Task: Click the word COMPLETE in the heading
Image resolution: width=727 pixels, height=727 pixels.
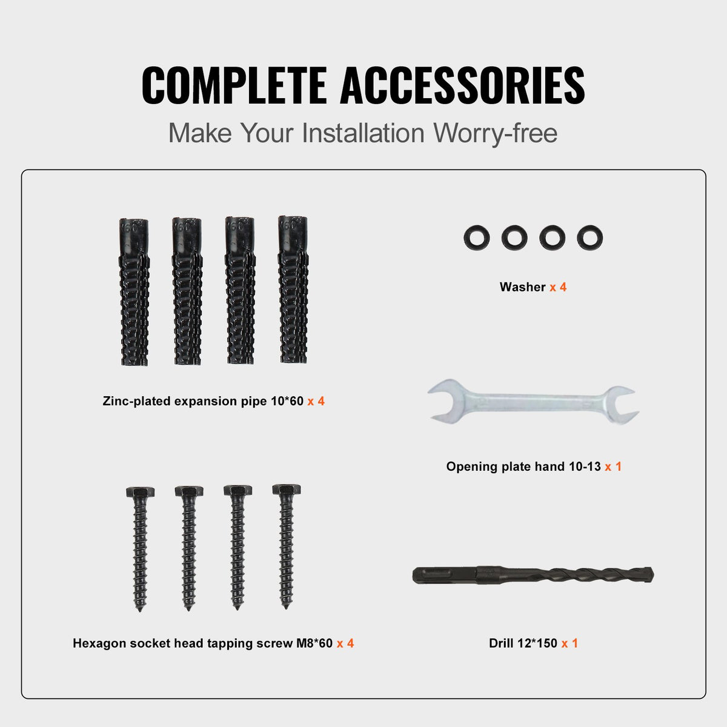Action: click(x=234, y=85)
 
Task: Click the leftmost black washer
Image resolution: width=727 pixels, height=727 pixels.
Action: click(x=476, y=238)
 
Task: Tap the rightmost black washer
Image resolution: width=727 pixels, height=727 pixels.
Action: click(x=589, y=238)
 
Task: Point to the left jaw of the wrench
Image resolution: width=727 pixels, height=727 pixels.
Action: click(x=446, y=400)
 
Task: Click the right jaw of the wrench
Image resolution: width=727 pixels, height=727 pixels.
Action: click(x=622, y=405)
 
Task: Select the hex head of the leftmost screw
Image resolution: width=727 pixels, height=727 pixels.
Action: click(x=140, y=491)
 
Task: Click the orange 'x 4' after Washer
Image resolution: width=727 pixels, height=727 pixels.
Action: click(x=558, y=287)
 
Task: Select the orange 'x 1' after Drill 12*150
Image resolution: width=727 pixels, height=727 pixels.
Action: click(x=569, y=643)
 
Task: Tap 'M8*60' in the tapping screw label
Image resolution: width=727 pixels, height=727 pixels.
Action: click(x=314, y=643)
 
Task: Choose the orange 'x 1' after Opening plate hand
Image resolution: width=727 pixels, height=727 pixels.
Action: click(x=613, y=466)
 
